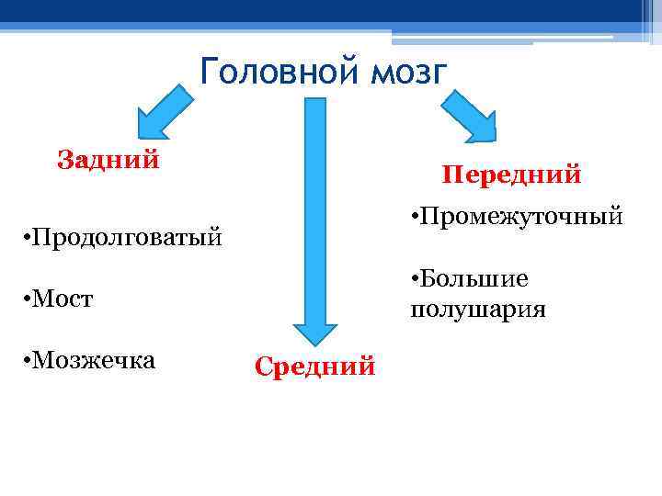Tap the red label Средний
(x=314, y=367)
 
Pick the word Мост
(x=66, y=299)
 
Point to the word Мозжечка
(x=96, y=360)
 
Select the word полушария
(x=478, y=310)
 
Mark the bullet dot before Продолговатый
(x=23, y=240)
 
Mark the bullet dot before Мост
(x=23, y=300)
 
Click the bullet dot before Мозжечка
(x=23, y=360)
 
